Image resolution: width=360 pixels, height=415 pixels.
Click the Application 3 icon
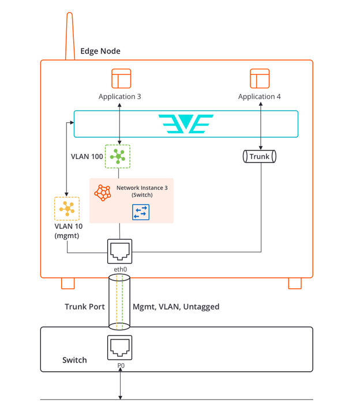(x=121, y=78)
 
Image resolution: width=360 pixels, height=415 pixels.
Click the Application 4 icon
(x=260, y=78)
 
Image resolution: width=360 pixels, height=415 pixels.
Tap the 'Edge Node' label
(x=100, y=51)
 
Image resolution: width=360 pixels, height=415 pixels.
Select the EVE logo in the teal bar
(x=186, y=124)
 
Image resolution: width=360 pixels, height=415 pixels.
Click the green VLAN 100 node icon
(x=118, y=156)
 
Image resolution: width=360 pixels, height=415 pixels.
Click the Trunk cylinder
(x=260, y=156)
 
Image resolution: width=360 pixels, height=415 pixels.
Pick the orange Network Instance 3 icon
(x=103, y=192)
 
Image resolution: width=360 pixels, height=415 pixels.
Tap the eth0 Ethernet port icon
(x=120, y=251)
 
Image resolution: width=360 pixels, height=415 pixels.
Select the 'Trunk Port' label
(x=84, y=307)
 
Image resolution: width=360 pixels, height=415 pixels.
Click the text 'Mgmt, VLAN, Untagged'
(x=176, y=307)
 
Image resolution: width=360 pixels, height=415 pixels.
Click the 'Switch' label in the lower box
(x=74, y=360)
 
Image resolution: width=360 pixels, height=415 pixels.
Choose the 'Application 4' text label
(x=260, y=96)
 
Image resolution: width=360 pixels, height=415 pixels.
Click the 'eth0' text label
(x=120, y=269)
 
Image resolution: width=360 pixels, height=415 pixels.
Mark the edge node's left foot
(x=68, y=283)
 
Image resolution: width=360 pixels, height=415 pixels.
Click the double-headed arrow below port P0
(x=120, y=383)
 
